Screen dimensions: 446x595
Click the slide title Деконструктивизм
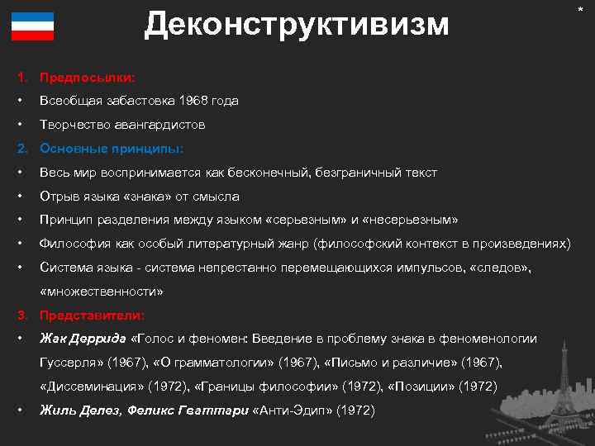pos(297,25)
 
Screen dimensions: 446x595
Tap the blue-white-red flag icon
pos(33,26)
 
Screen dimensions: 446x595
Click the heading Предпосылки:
pos(88,77)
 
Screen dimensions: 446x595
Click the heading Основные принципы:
pos(112,149)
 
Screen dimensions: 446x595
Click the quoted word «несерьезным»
pos(416,221)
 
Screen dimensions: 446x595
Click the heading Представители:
pos(93,316)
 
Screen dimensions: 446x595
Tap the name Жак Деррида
pos(83,339)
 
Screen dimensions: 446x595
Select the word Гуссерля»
pos(70,363)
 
